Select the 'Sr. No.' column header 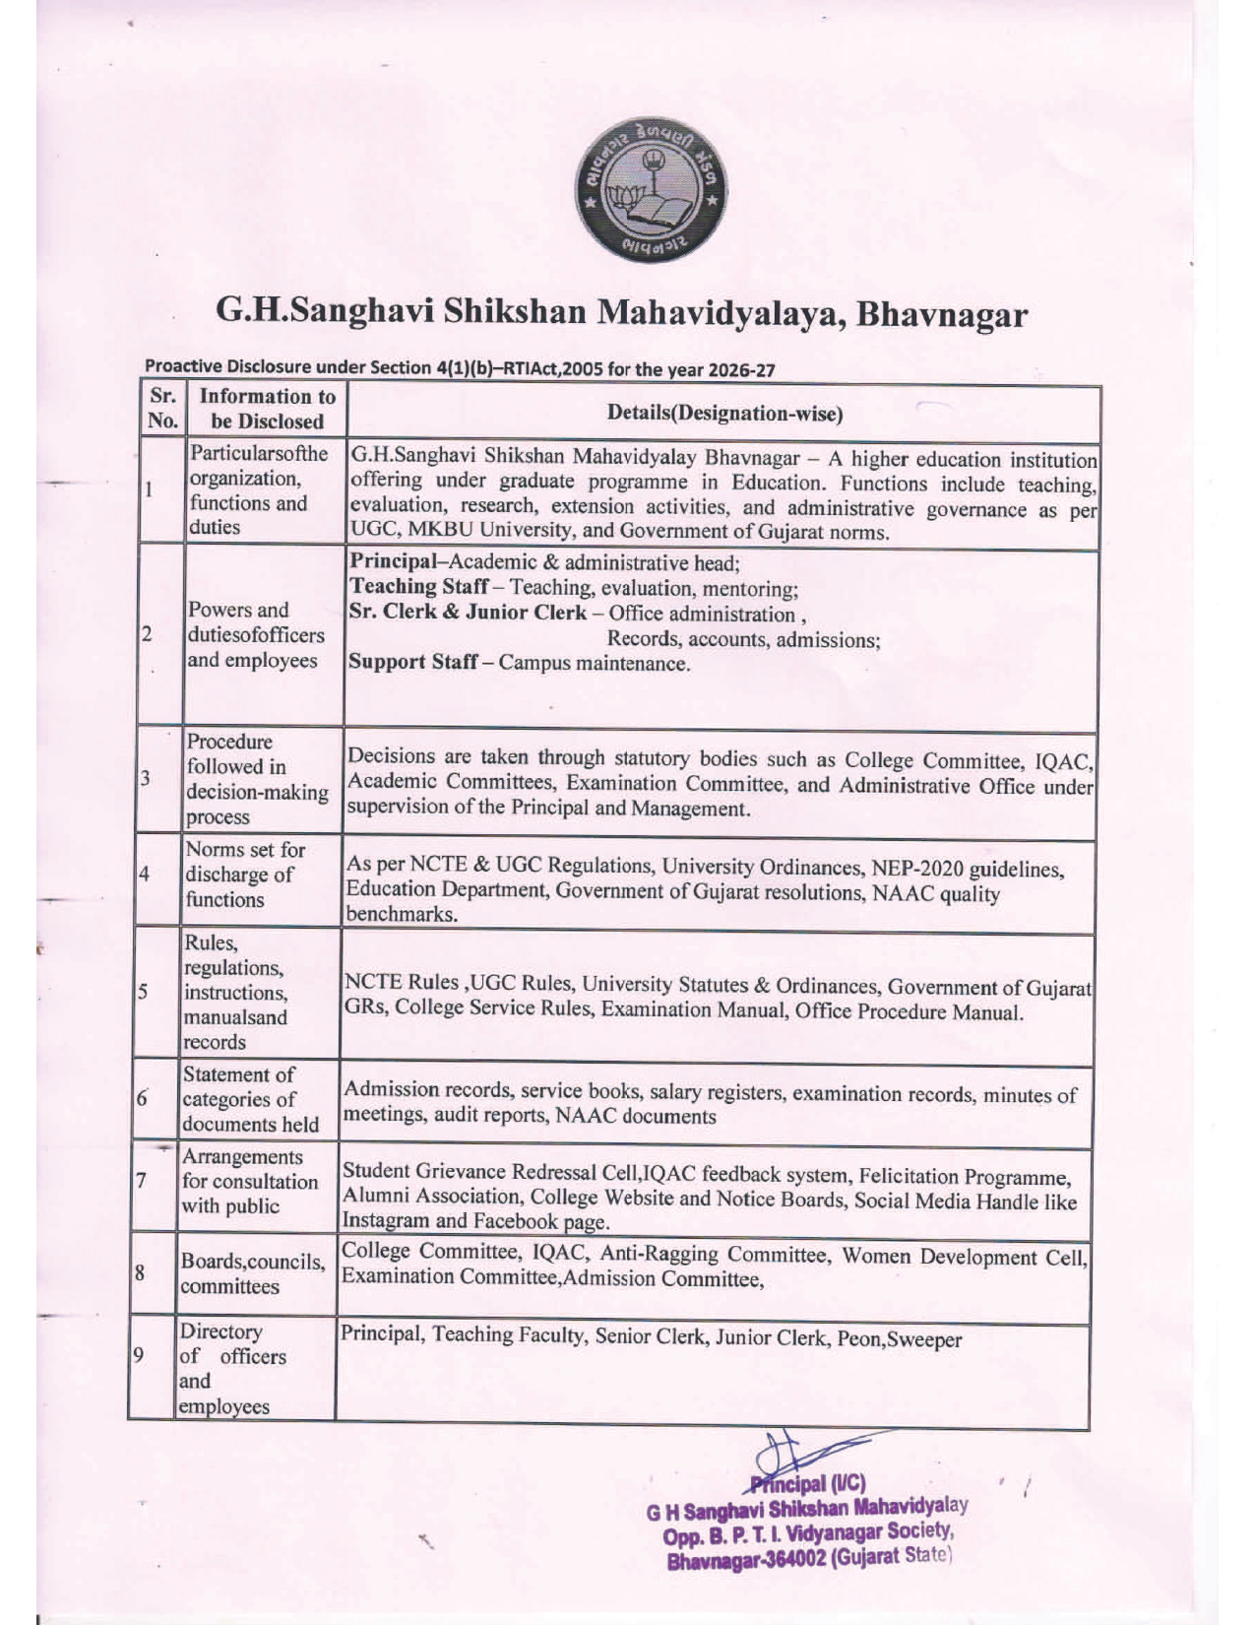[x=161, y=409]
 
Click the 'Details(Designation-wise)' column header [x=724, y=414]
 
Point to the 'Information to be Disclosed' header [x=267, y=409]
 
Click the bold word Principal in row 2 [x=392, y=562]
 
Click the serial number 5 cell [x=142, y=993]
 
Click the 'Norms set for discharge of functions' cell [x=245, y=875]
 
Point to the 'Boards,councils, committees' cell [x=252, y=1273]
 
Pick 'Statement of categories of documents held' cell [x=251, y=1099]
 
